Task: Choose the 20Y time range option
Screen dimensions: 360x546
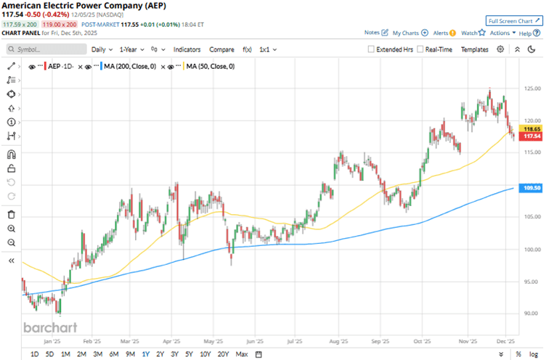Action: (222, 353)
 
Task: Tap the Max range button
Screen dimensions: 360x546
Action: (242, 353)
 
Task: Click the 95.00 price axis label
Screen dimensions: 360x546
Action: (531, 282)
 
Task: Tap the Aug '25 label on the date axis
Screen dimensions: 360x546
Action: (340, 340)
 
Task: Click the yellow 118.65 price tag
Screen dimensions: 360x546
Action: (531, 128)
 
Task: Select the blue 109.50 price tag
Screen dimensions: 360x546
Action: (531, 188)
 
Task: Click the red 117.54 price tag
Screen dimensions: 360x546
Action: (531, 136)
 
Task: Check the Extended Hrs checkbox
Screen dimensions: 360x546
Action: (372, 49)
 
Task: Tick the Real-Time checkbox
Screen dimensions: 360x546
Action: (421, 49)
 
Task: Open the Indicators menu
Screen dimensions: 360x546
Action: (187, 49)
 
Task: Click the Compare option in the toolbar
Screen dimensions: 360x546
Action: (221, 49)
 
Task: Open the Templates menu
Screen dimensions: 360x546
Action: (475, 49)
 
